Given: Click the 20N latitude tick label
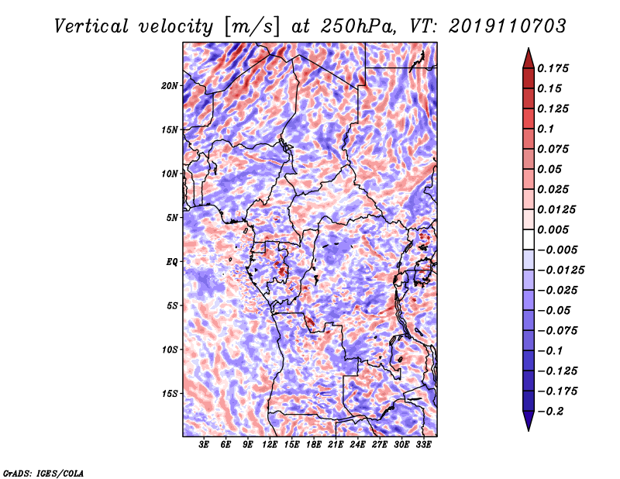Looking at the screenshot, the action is (x=170, y=86).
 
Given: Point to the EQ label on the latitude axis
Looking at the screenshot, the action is (x=172, y=262).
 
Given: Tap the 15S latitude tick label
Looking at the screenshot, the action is (x=170, y=394).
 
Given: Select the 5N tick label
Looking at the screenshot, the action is (x=172, y=218).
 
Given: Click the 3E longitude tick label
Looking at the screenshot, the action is (x=204, y=445).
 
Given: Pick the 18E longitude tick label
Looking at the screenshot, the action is (x=314, y=445).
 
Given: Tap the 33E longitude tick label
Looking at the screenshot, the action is (x=423, y=445).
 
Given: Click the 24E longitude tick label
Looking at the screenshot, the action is (x=357, y=445).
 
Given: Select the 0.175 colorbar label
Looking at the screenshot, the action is (x=553, y=68).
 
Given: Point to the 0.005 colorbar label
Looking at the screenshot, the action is (x=553, y=229).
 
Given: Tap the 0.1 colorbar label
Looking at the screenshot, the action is (x=546, y=129).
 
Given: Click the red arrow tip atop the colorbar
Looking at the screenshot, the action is (x=529, y=49).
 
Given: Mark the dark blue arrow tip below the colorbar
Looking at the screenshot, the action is (x=529, y=429).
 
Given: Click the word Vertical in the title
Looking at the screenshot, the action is (x=91, y=26).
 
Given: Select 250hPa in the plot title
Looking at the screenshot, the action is (x=357, y=26).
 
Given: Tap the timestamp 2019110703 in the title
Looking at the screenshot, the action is (x=508, y=26).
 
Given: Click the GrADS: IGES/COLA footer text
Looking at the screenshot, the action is (x=43, y=474).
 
